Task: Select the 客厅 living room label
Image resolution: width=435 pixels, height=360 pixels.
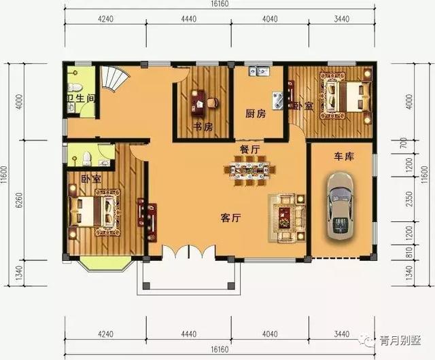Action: pos(232,218)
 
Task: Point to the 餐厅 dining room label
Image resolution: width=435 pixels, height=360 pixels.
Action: pos(249,148)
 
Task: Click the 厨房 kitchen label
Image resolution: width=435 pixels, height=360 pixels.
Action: pos(256,113)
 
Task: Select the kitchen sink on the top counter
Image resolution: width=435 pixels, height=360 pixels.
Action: pos(260,70)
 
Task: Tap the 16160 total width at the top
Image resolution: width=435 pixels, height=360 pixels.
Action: pos(218,5)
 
